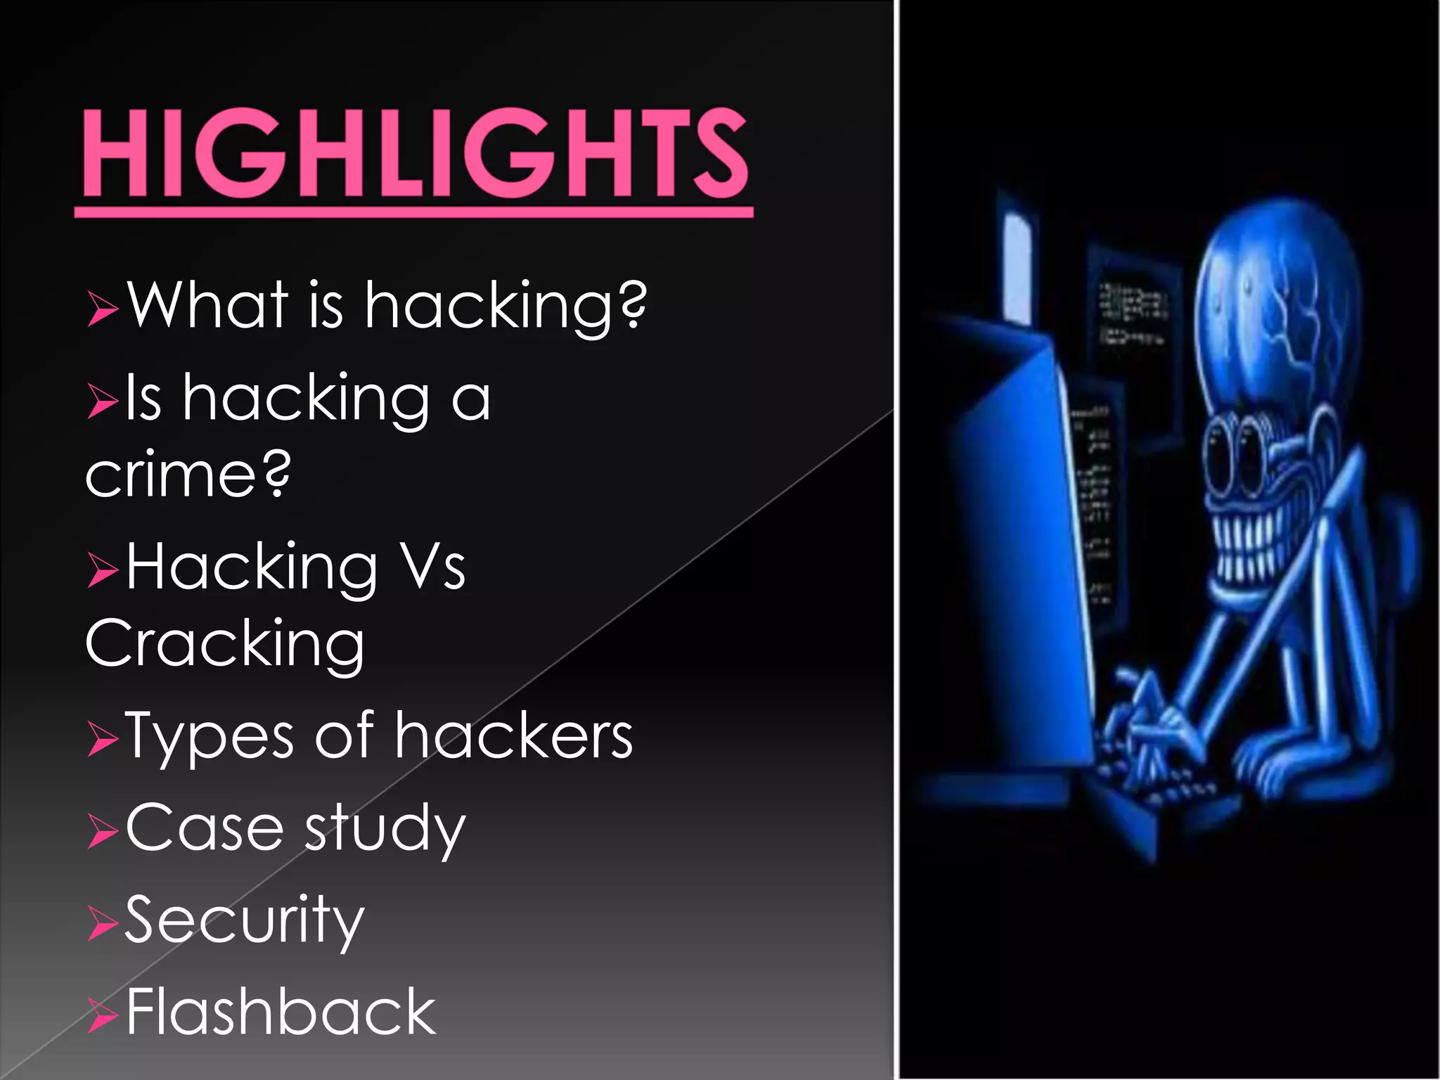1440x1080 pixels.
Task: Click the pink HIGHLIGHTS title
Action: pyautogui.click(x=415, y=153)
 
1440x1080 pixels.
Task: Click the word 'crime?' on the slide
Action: pyautogui.click(x=188, y=474)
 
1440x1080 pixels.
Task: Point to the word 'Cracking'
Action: pyautogui.click(x=225, y=643)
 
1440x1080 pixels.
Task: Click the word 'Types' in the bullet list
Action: pyautogui.click(x=210, y=737)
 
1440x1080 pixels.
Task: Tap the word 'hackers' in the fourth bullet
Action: pyautogui.click(x=513, y=735)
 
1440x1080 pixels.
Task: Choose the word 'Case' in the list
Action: pyautogui.click(x=204, y=828)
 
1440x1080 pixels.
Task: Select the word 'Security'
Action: pyautogui.click(x=245, y=920)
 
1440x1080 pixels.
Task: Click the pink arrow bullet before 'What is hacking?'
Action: pyautogui.click(x=103, y=309)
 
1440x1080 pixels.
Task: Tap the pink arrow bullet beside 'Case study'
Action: pyautogui.click(x=103, y=832)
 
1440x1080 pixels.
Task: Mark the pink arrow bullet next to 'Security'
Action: pyautogui.click(x=103, y=924)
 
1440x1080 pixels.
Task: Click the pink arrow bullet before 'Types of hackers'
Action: pyautogui.click(x=103, y=741)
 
